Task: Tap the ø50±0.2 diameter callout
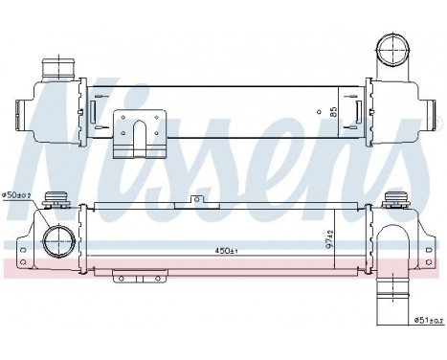coord(16,195)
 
